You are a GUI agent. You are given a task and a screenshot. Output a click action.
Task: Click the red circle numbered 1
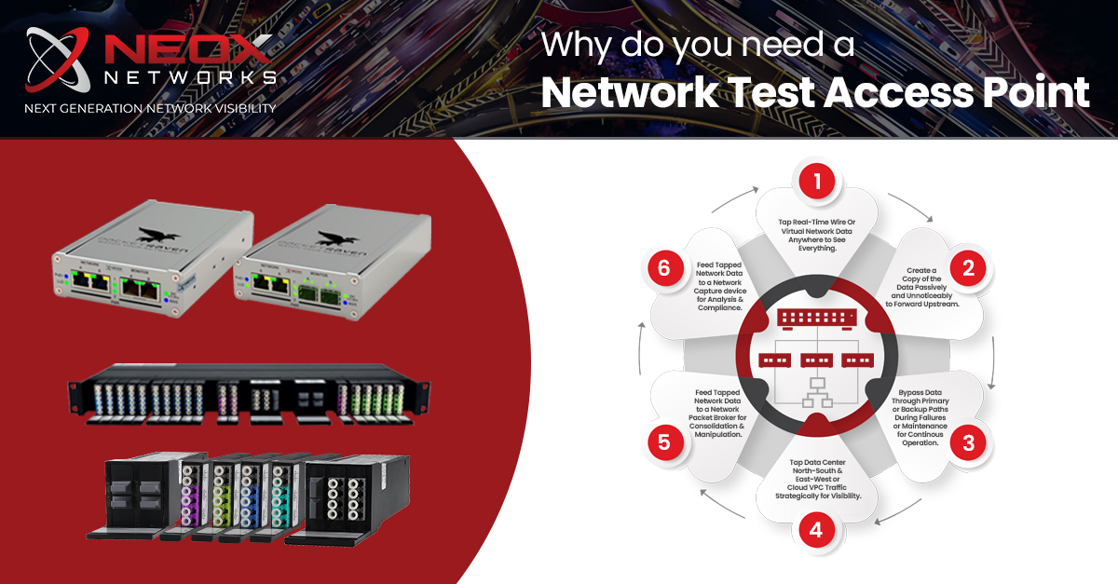pyautogui.click(x=817, y=181)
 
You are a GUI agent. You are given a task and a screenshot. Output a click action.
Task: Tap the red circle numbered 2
pyautogui.click(x=968, y=269)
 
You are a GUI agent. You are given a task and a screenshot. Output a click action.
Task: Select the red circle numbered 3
pyautogui.click(x=968, y=442)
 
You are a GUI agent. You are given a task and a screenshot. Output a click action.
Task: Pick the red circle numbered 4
pyautogui.click(x=816, y=531)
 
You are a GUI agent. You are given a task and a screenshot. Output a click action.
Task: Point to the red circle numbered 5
pyautogui.click(x=664, y=441)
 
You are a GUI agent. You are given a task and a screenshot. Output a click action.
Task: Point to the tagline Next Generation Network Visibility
pyautogui.click(x=150, y=108)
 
